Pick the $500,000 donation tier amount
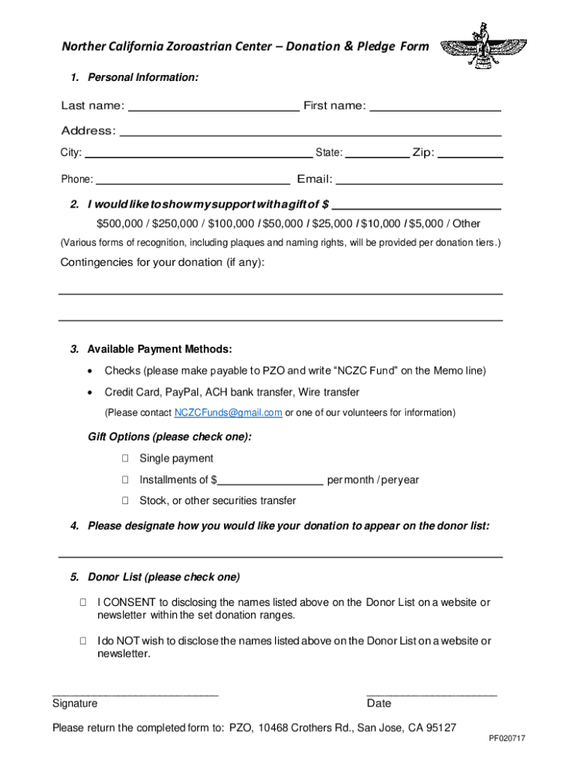click(x=120, y=224)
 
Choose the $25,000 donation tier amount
click(x=332, y=224)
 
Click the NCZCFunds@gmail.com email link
click(x=228, y=413)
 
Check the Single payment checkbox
click(x=125, y=458)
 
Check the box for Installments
click(x=125, y=480)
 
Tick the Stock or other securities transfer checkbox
click(x=125, y=501)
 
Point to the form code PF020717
click(x=507, y=739)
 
